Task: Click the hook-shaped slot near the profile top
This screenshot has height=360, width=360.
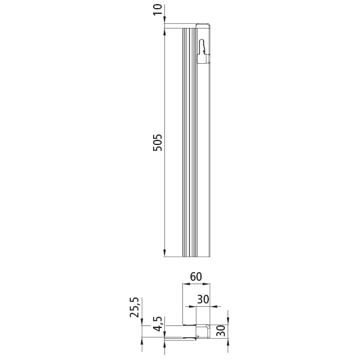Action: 203,48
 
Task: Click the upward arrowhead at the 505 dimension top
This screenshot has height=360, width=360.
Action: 164,33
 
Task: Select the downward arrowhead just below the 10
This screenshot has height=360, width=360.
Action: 164,23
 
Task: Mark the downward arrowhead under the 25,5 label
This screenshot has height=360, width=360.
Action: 143,322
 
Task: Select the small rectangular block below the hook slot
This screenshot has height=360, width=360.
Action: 206,59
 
